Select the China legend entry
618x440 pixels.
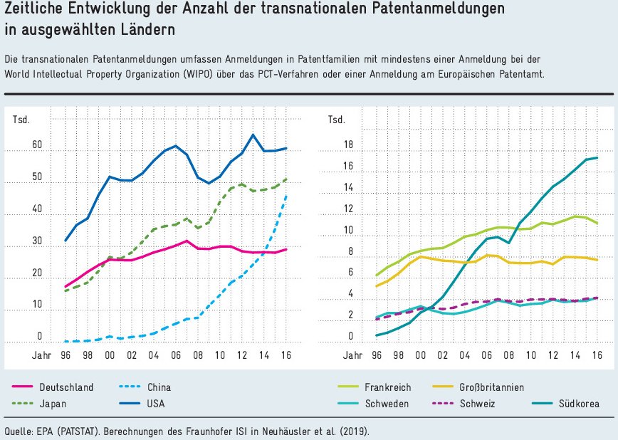(159, 387)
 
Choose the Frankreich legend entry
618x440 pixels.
(389, 387)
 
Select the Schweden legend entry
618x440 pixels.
(387, 404)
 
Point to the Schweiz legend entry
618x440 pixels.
(477, 404)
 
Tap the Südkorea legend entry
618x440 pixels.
(577, 404)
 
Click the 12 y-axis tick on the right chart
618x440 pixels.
(349, 210)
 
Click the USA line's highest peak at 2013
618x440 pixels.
(253, 135)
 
